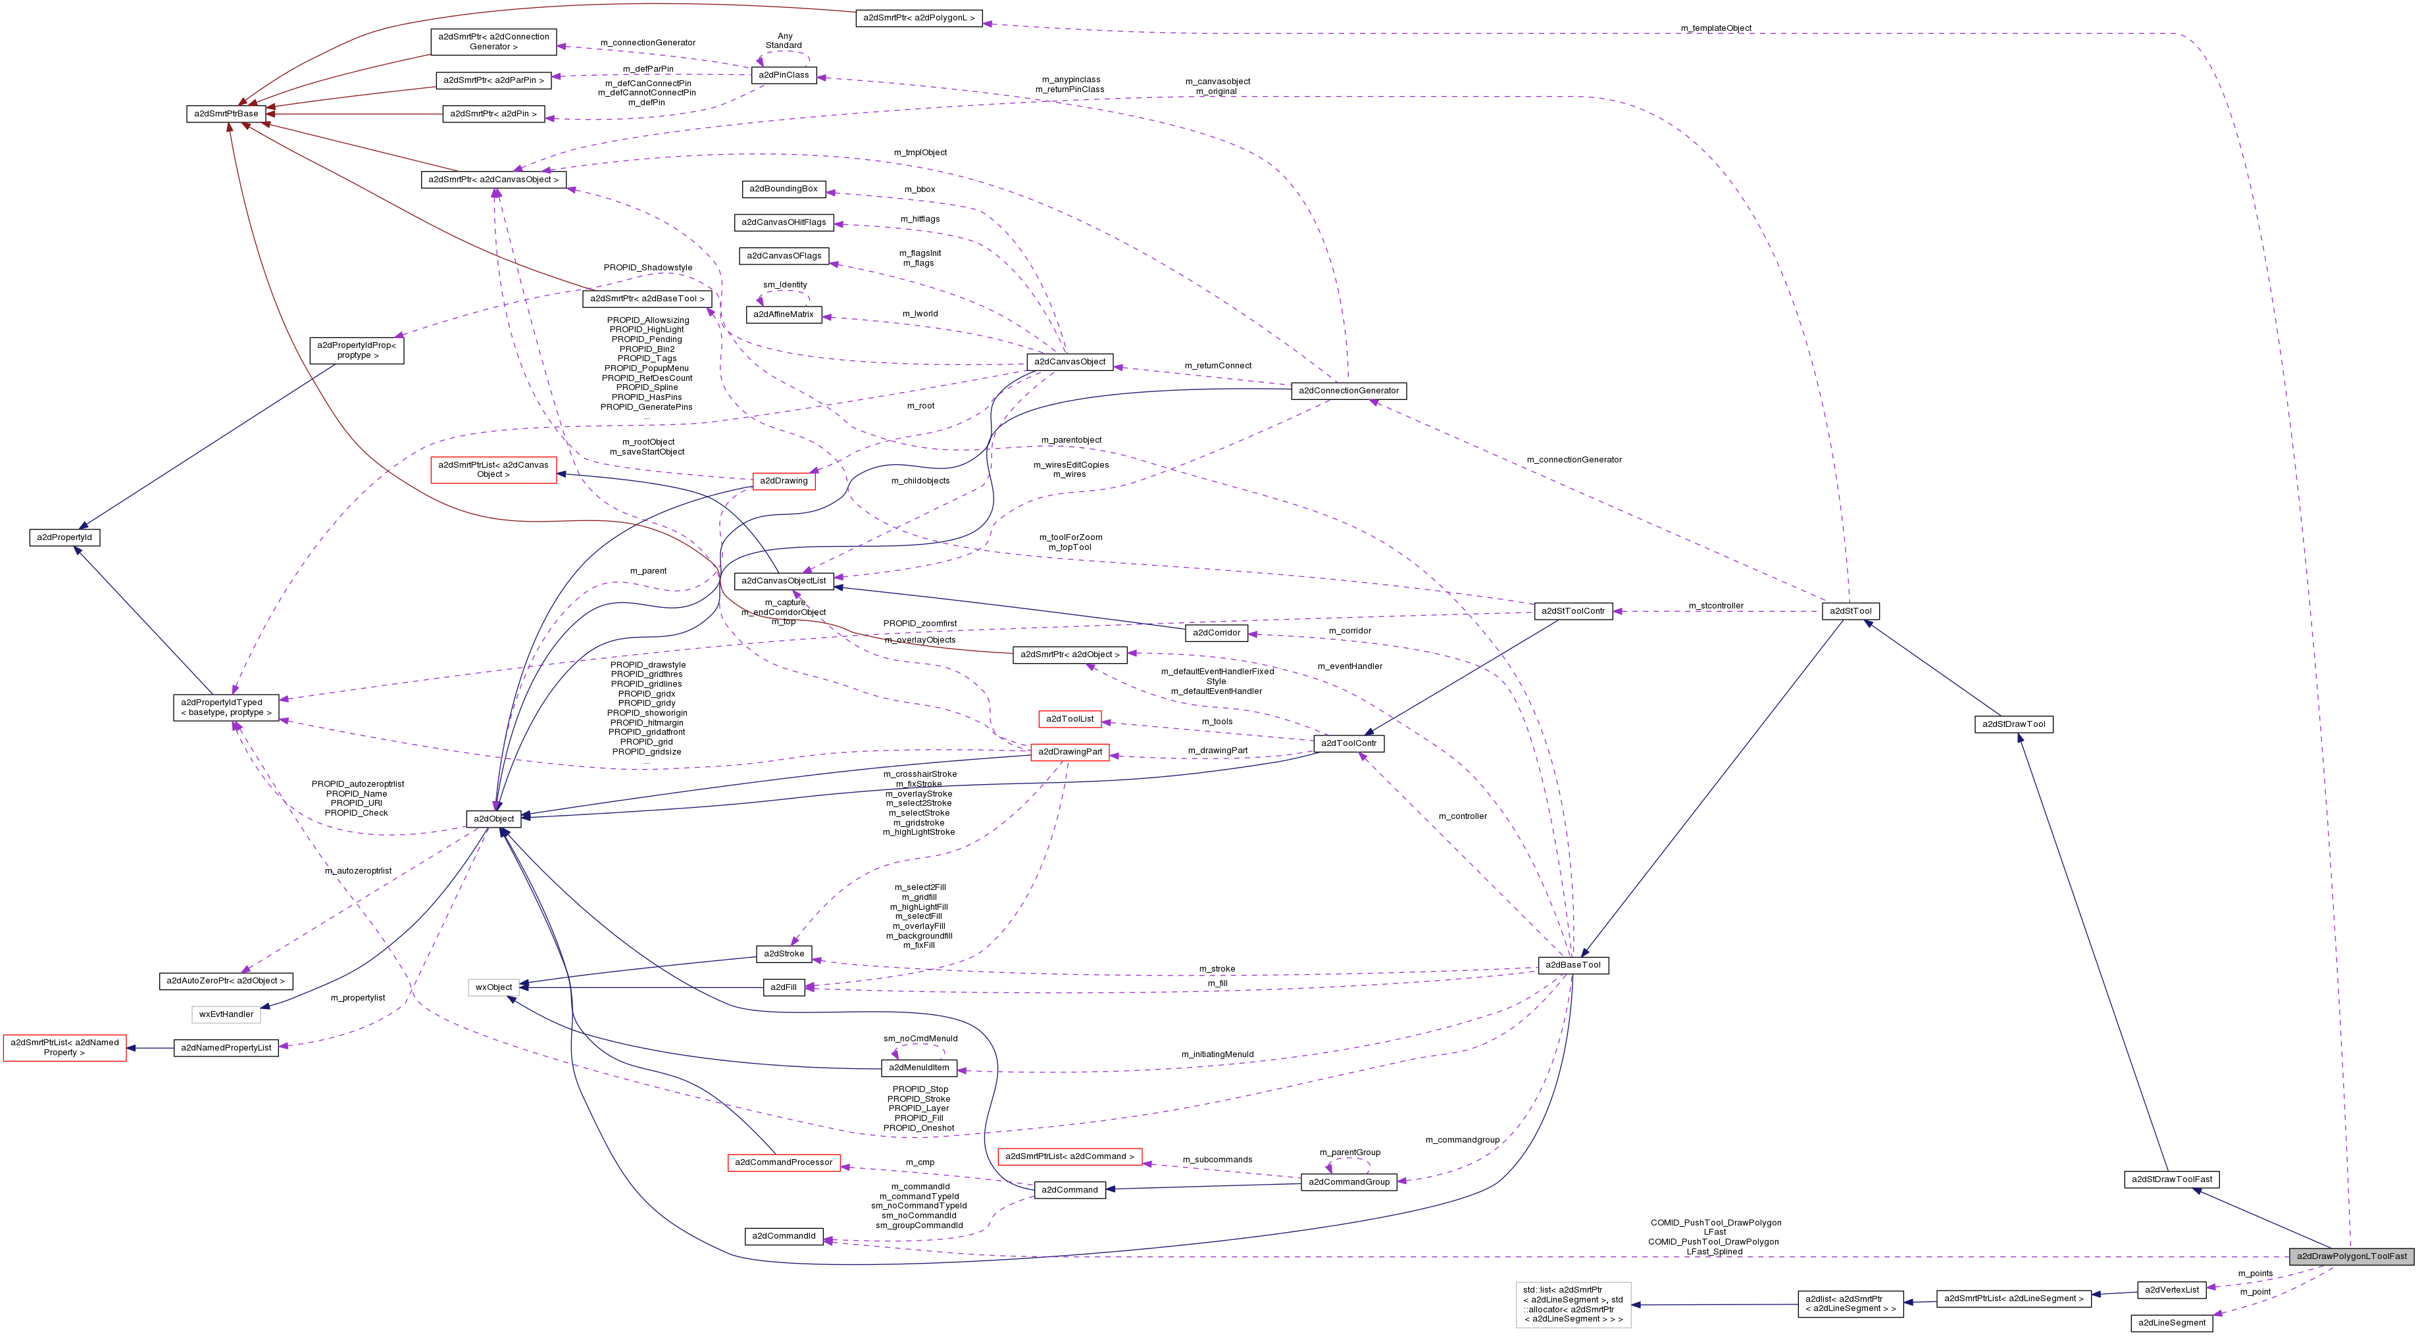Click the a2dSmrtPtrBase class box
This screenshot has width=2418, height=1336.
point(225,114)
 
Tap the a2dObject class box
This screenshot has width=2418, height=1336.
point(493,819)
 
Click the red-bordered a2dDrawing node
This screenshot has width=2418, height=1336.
point(784,480)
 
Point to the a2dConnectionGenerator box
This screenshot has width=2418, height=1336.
point(1348,390)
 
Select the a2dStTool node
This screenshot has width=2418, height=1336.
point(1851,610)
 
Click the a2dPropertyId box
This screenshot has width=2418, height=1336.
point(64,537)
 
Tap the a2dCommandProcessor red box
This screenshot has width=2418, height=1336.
point(784,1162)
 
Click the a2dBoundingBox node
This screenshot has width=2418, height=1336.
point(783,189)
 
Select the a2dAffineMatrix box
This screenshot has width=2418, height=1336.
point(784,314)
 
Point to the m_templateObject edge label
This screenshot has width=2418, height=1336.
point(1716,28)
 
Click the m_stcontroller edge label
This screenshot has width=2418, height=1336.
point(1715,605)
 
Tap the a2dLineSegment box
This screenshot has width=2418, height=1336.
point(2171,1323)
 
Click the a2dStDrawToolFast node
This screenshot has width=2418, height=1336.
point(2171,1179)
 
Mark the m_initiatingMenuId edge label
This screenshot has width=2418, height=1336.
point(1217,1054)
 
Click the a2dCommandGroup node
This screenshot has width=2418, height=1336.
point(1349,1181)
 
